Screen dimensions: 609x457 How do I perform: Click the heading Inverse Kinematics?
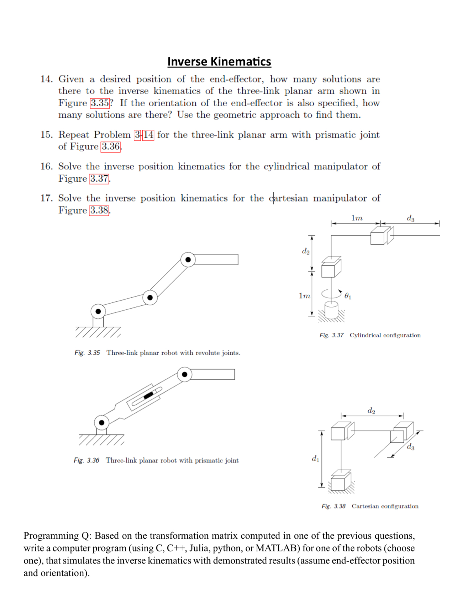219,62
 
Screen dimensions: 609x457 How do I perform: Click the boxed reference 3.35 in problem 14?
100,103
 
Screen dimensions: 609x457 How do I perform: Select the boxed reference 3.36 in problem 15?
111,146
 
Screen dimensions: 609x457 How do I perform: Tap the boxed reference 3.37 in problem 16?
99,178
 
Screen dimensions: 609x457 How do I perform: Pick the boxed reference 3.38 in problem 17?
99,210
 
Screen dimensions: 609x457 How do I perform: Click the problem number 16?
46,166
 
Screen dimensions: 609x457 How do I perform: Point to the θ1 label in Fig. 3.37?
348,296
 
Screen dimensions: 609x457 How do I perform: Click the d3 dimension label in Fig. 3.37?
410,218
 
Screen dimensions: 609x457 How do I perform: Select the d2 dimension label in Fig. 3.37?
305,251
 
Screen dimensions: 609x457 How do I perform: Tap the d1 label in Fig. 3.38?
315,459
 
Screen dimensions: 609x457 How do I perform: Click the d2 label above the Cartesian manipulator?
371,411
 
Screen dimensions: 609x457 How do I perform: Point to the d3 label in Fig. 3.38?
410,447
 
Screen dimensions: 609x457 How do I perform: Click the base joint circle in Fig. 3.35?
98,311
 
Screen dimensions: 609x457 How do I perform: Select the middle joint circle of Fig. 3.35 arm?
150,298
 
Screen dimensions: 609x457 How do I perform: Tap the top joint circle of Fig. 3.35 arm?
188,260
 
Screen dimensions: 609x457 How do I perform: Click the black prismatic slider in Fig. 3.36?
148,395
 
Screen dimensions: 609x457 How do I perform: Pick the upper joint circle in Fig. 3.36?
184,374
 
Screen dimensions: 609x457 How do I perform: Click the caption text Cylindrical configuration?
385,335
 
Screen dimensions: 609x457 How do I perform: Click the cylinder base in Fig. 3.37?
331,310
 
